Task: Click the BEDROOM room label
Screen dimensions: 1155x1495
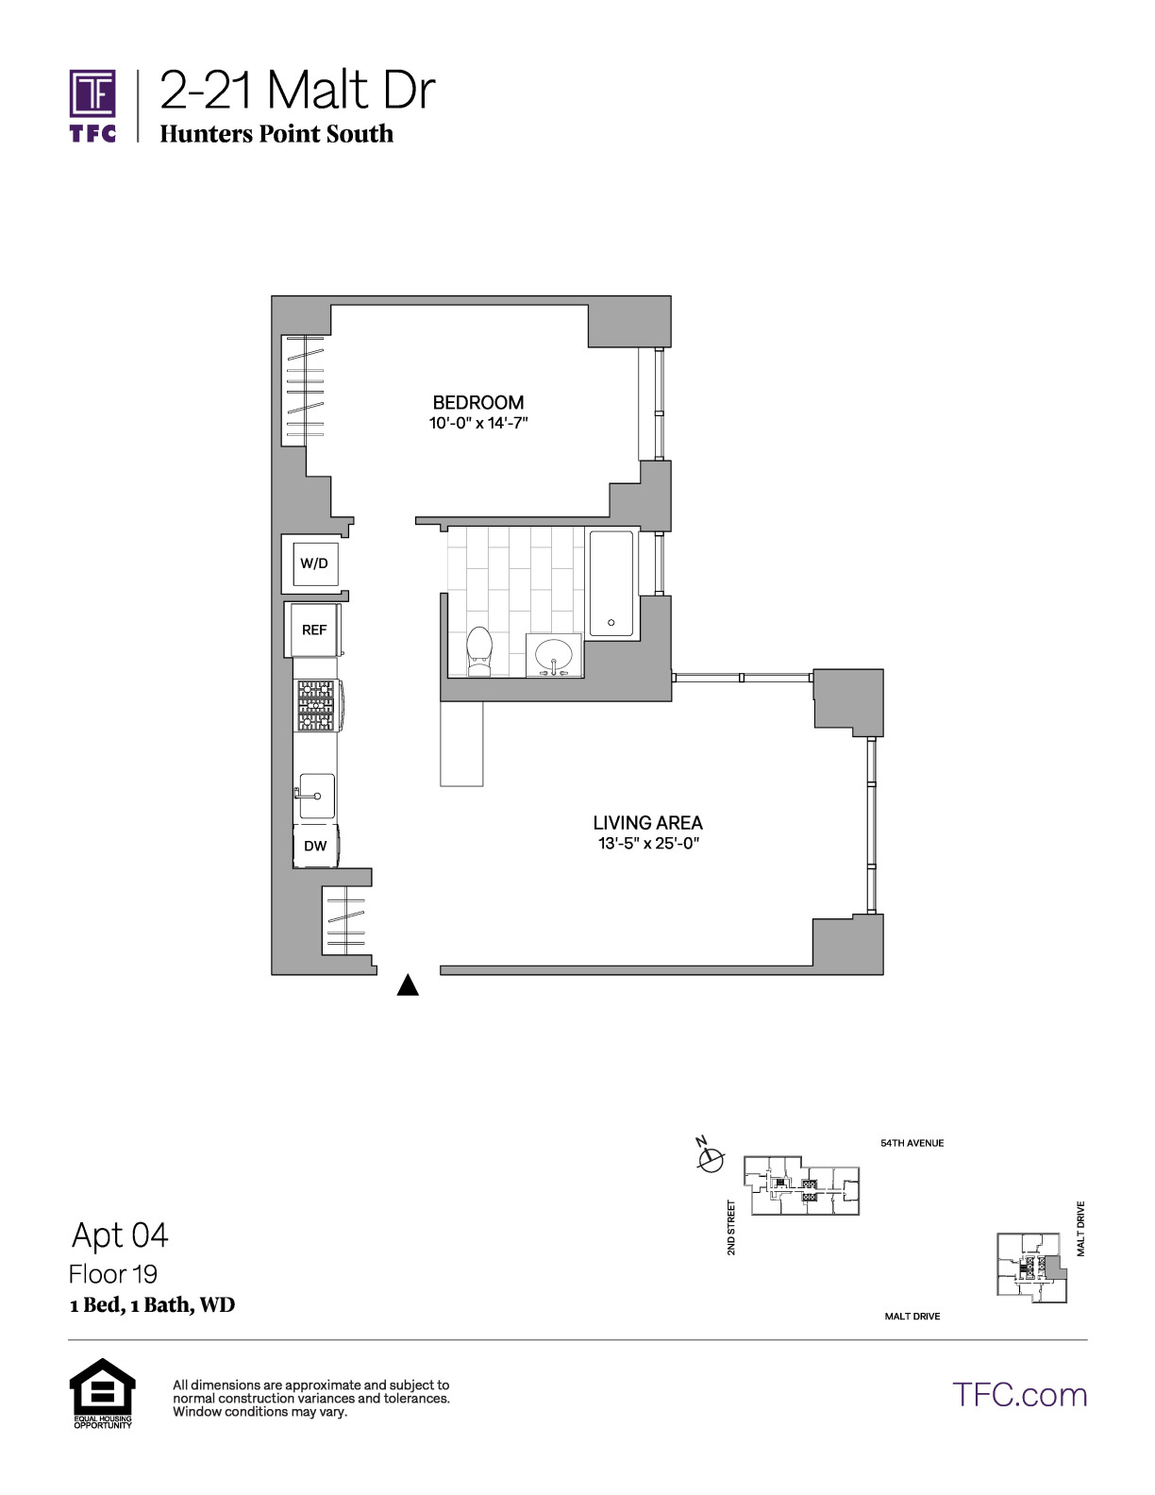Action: pyautogui.click(x=478, y=402)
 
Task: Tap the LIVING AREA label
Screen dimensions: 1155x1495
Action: pyautogui.click(x=648, y=823)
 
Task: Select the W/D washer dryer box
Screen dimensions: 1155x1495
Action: pyautogui.click(x=315, y=564)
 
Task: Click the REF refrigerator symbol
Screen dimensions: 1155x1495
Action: pyautogui.click(x=314, y=630)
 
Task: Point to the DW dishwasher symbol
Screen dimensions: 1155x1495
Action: pyautogui.click(x=316, y=846)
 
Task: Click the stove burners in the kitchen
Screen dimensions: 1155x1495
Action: pyautogui.click(x=316, y=705)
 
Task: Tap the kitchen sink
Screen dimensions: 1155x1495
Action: pyautogui.click(x=317, y=796)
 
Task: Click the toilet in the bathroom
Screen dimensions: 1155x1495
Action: pyautogui.click(x=479, y=651)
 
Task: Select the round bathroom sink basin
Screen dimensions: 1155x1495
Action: pyautogui.click(x=554, y=656)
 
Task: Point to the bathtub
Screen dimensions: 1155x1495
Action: pyautogui.click(x=611, y=583)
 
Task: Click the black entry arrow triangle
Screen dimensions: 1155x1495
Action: pyautogui.click(x=408, y=985)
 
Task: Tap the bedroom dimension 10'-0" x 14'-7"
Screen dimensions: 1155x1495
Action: pyautogui.click(x=478, y=423)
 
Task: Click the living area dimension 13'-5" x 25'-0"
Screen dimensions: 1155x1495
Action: pyautogui.click(x=648, y=844)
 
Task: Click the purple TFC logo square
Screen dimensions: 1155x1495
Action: pyautogui.click(x=92, y=93)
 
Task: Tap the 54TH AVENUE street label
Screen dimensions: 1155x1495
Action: pyautogui.click(x=912, y=1144)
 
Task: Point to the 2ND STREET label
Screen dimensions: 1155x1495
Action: pyautogui.click(x=731, y=1228)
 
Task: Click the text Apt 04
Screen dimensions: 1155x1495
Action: pyautogui.click(x=121, y=1235)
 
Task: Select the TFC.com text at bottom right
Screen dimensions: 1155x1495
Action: pyautogui.click(x=1020, y=1395)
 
